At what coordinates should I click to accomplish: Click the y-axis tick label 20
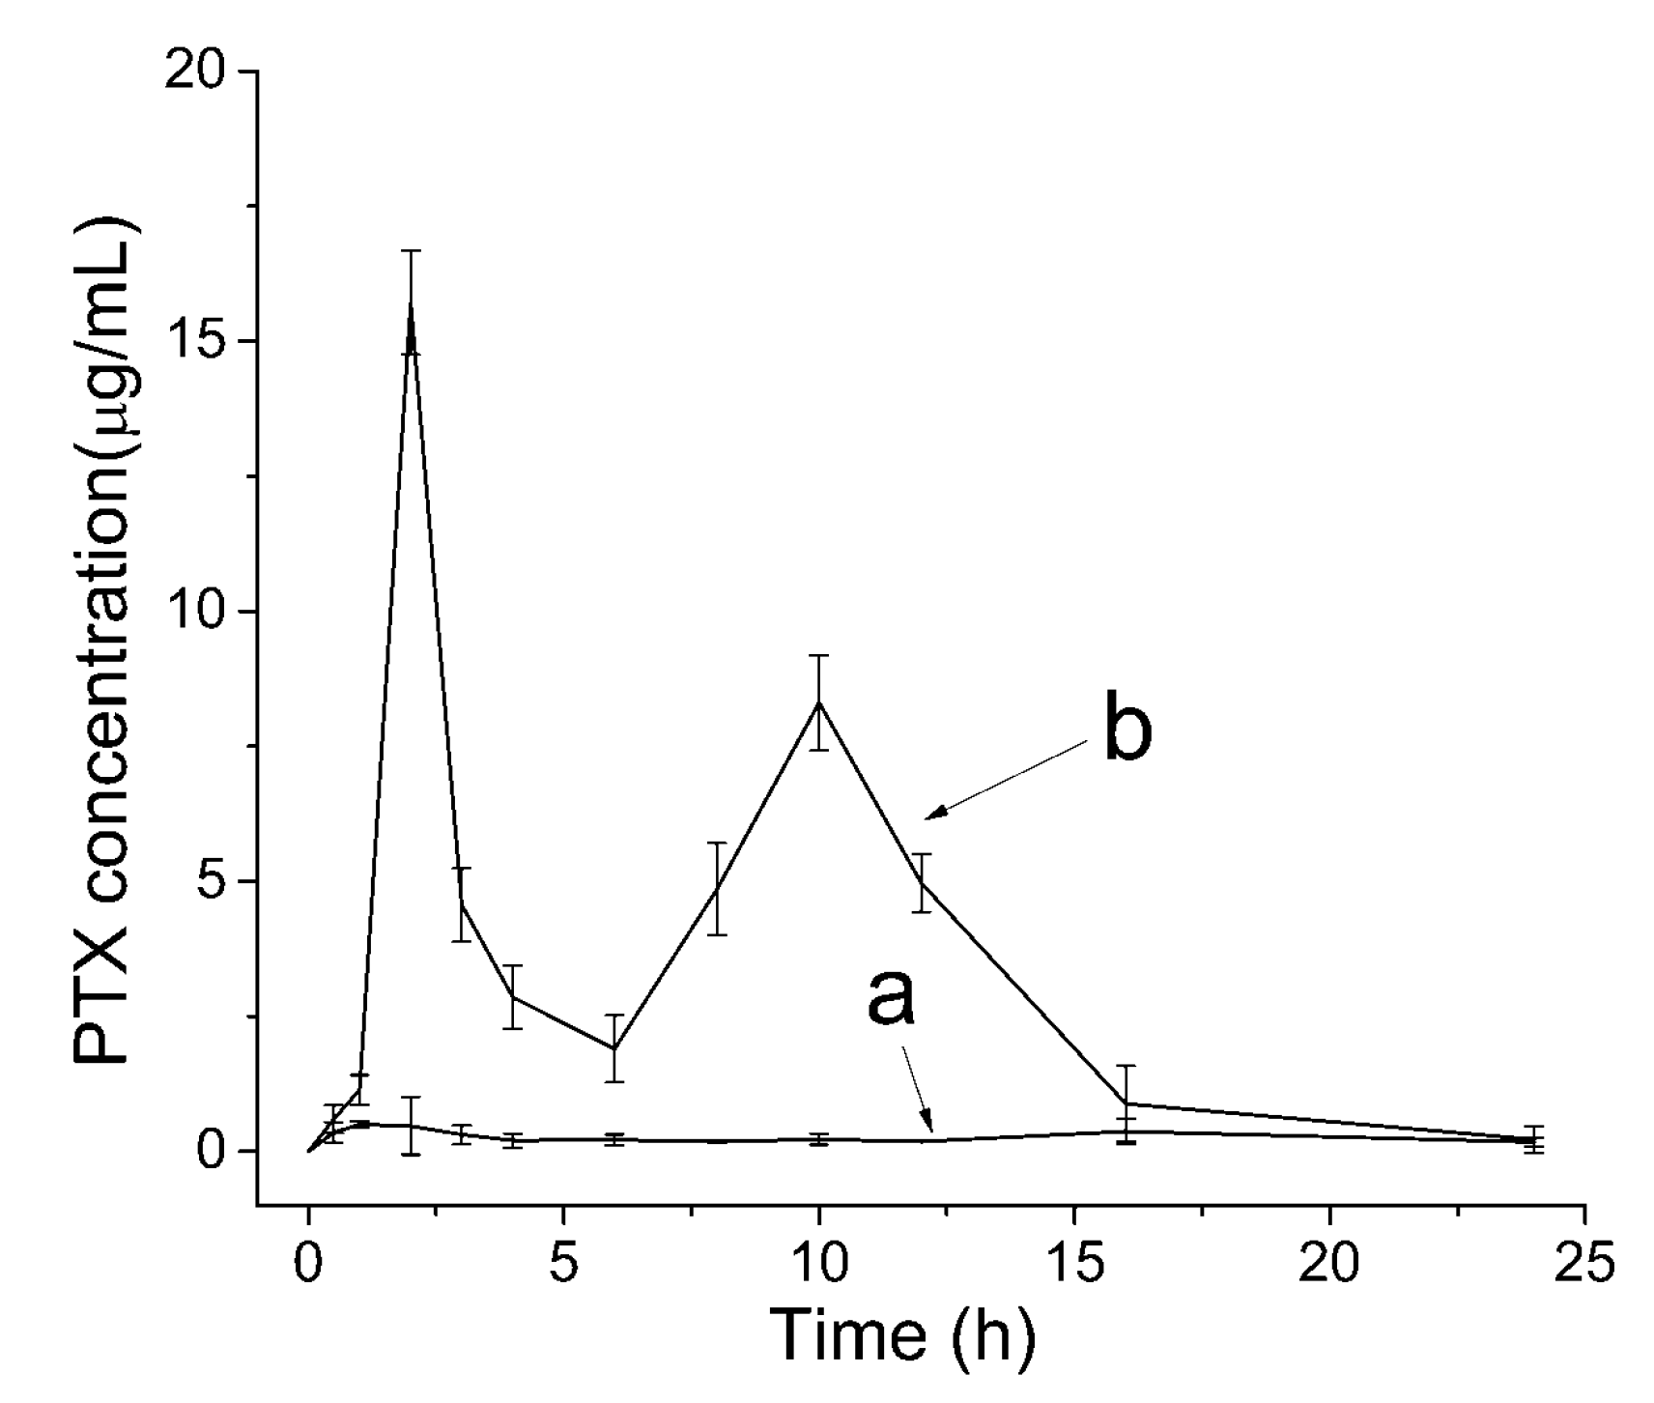(x=196, y=72)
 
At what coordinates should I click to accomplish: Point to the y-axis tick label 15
(x=196, y=342)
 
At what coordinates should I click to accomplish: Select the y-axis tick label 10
(x=196, y=612)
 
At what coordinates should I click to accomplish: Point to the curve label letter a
(x=890, y=995)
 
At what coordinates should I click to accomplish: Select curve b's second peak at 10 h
(x=819, y=702)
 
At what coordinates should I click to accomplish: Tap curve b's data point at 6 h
(x=613, y=1048)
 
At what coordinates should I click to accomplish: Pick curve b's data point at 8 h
(x=716, y=889)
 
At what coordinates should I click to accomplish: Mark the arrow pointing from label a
(x=918, y=1090)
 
